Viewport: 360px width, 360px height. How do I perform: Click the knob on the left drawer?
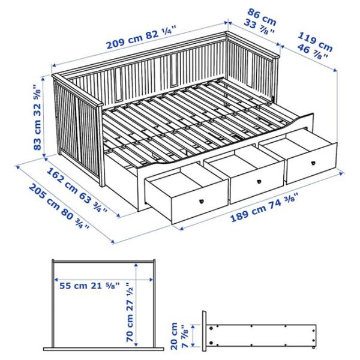[x=199, y=202]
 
